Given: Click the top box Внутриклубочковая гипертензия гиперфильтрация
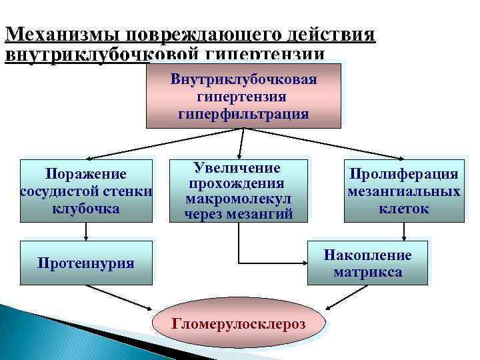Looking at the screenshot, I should coord(243,95).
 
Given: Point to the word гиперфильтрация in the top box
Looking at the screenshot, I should coord(243,113).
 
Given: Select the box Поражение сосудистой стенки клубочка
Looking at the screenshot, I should coord(86,191).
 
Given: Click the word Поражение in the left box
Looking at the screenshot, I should coord(86,175).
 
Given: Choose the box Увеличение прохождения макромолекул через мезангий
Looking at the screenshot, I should coord(239,190).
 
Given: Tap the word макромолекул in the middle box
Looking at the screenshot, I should coord(239,199).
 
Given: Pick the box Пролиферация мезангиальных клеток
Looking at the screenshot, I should coord(404,191).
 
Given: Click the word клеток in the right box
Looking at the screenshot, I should coord(404,209).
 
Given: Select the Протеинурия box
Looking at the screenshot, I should coord(86,263).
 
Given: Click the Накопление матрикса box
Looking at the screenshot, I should coord(367,263).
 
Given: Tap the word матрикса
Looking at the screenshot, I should coord(367,272).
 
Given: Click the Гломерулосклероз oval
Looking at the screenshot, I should coord(239,324).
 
